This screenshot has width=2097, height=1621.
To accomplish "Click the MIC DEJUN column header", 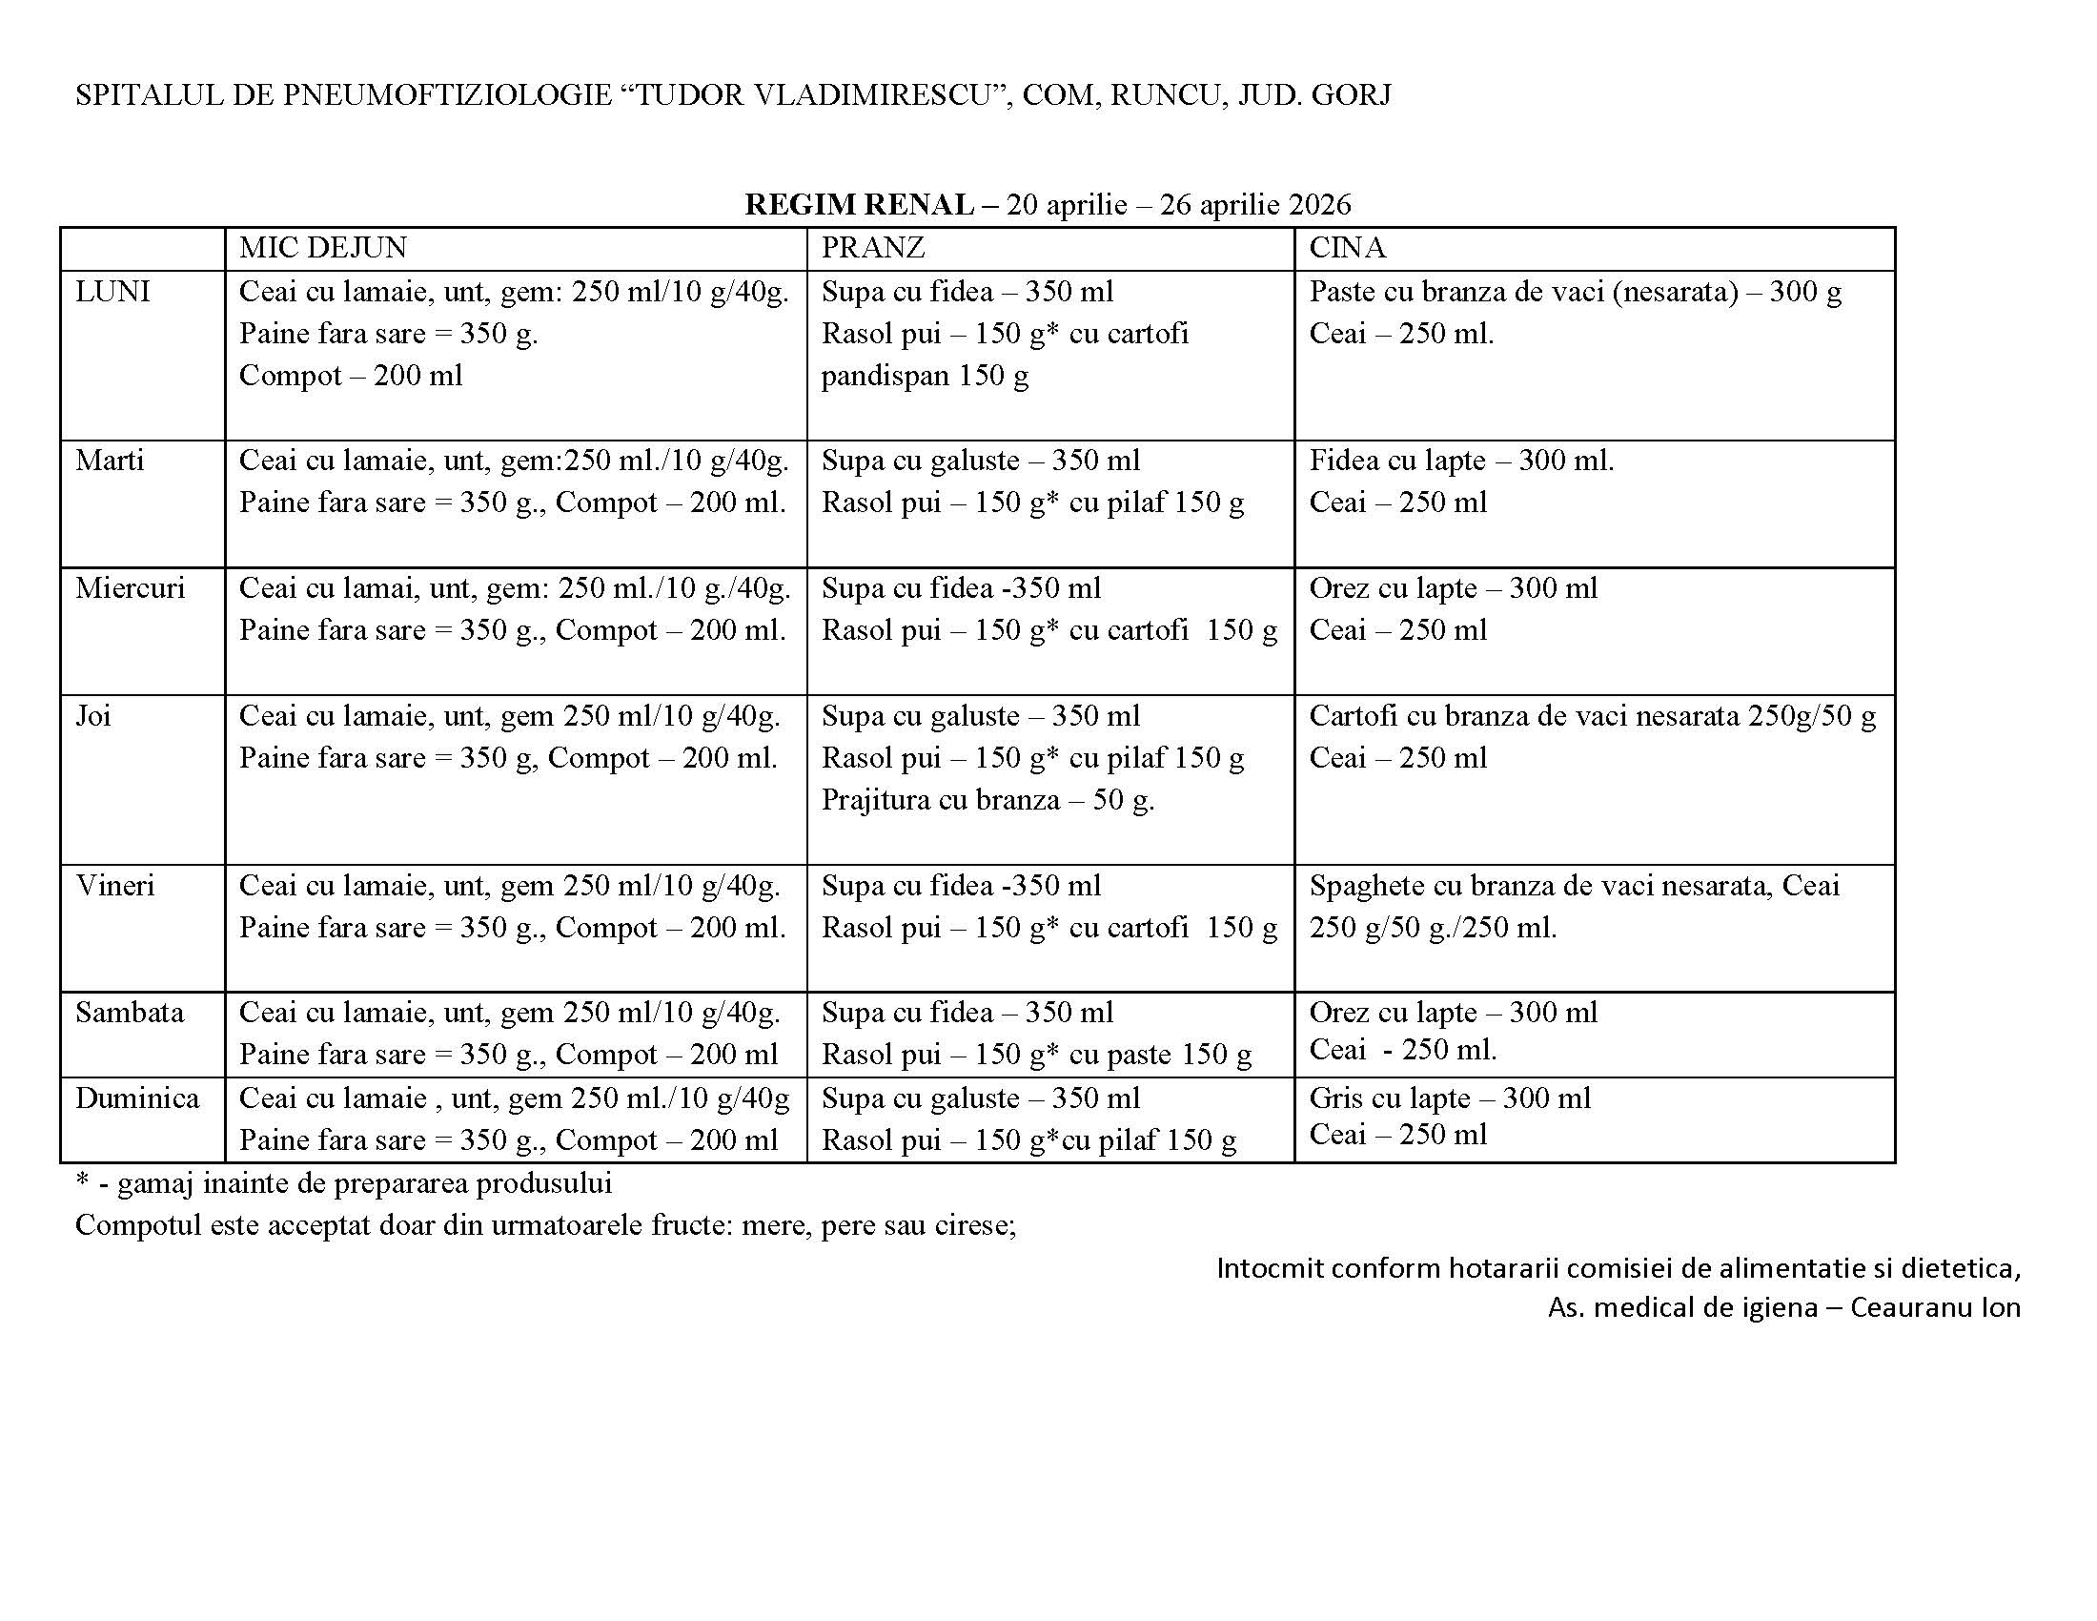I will click(322, 248).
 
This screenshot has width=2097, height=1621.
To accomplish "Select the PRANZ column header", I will click(873, 248).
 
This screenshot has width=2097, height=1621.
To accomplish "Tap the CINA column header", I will click(1347, 248).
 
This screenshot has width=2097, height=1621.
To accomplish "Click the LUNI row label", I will click(112, 291).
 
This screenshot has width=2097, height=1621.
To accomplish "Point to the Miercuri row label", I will click(130, 587).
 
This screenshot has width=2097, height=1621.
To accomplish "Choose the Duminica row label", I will click(137, 1098).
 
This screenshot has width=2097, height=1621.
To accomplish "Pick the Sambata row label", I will click(130, 1012).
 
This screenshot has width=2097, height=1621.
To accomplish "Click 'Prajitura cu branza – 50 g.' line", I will click(987, 800).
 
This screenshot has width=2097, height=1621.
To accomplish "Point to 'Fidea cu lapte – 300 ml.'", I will click(1461, 461).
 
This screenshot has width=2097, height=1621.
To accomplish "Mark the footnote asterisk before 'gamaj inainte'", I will click(81, 1181).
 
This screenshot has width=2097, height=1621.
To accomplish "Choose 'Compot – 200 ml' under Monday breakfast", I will click(351, 376).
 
